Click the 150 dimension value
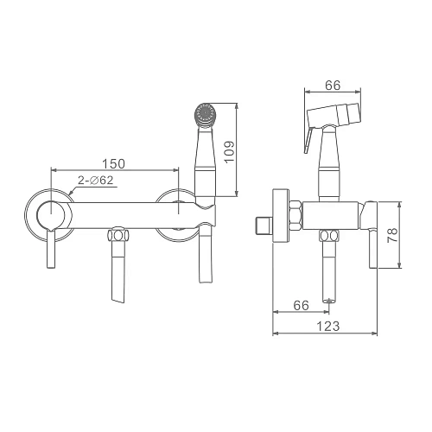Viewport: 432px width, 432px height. point(114,163)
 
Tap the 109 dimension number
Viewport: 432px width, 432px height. point(230,152)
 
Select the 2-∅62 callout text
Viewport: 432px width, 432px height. point(96,181)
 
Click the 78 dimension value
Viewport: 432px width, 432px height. point(392,235)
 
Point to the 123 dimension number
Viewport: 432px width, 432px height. point(328,327)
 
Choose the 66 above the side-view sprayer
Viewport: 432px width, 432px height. point(333,86)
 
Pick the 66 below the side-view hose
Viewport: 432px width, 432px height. point(301,305)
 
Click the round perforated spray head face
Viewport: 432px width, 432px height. point(205,113)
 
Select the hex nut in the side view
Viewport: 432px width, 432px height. point(295,216)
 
